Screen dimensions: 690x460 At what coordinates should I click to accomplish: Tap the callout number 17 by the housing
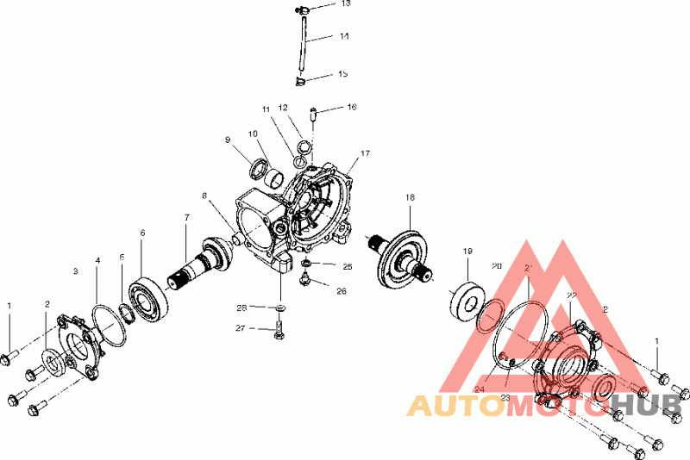[365, 153]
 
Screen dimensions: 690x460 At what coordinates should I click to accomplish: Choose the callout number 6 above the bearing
[142, 232]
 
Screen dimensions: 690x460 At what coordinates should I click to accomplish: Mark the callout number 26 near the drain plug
[342, 291]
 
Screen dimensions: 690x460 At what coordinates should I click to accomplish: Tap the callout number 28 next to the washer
[242, 307]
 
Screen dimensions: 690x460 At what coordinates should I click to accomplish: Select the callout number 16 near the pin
[352, 108]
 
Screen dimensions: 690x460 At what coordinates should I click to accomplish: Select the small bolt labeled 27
[280, 329]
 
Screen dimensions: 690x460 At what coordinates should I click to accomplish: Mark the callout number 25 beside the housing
[348, 266]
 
